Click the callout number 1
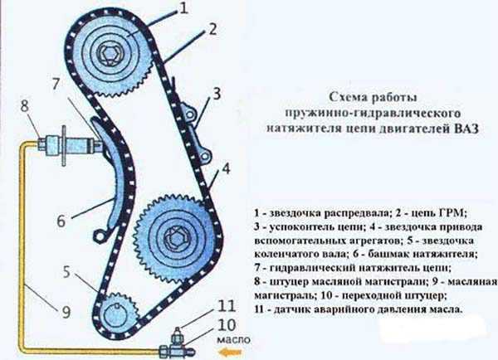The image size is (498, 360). [184, 8]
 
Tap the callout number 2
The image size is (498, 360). [212, 29]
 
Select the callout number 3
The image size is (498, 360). [217, 94]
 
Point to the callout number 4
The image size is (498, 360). [226, 169]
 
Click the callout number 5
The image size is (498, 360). [66, 272]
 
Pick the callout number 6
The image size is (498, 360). [61, 221]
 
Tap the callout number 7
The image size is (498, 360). [56, 84]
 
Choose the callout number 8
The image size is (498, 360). [24, 105]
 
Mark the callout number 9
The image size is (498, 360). [66, 311]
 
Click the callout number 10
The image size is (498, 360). [227, 325]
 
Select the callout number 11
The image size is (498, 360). [226, 306]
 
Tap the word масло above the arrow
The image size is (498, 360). [233, 340]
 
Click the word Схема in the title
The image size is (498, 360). [349, 97]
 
